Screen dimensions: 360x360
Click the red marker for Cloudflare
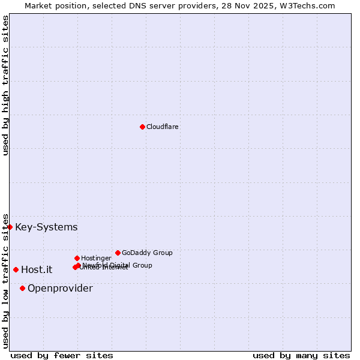[142, 127]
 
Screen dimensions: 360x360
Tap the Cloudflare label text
[163, 127]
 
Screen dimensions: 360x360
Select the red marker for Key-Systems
[10, 227]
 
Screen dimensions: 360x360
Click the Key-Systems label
[46, 227]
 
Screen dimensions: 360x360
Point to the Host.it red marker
[16, 269]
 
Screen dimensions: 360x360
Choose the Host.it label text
[37, 269]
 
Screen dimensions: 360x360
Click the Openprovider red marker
[22, 288]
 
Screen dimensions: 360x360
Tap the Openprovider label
[60, 288]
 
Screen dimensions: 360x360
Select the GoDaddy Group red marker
[118, 253]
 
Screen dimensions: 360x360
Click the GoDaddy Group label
[147, 253]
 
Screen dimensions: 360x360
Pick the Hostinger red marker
[77, 258]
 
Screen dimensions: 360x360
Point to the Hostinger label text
[96, 258]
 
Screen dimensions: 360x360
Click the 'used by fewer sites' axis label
[62, 355]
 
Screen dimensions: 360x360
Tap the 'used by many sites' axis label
[301, 355]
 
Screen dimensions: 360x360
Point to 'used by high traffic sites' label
[5, 85]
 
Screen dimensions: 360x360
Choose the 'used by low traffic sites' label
[5, 280]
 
